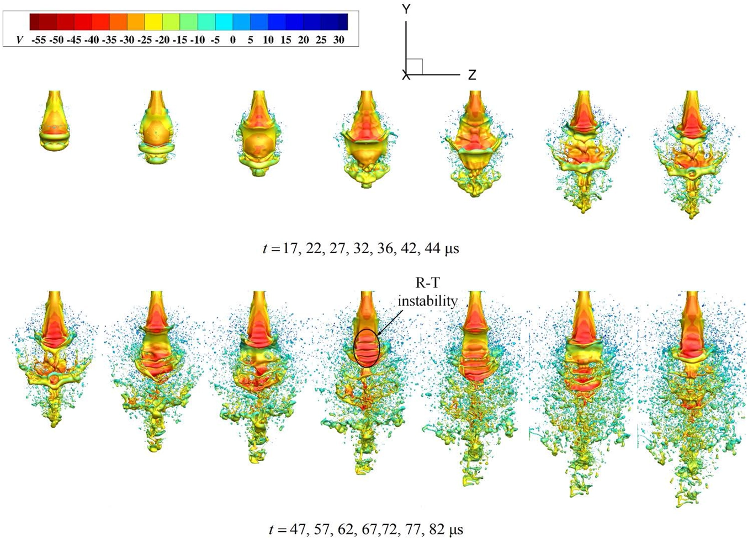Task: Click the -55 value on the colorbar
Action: click(39, 40)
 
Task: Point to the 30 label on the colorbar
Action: click(338, 40)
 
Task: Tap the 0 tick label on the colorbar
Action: click(233, 40)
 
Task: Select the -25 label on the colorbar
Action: click(145, 40)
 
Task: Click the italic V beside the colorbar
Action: click(20, 40)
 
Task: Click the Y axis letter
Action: click(406, 9)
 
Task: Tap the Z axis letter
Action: click(472, 75)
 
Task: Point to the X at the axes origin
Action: click(406, 76)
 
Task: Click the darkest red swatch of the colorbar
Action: click(34, 22)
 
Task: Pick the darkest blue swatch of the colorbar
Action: click(343, 22)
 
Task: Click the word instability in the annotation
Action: click(427, 301)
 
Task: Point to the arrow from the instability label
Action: click(393, 322)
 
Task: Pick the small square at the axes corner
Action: click(414, 66)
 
